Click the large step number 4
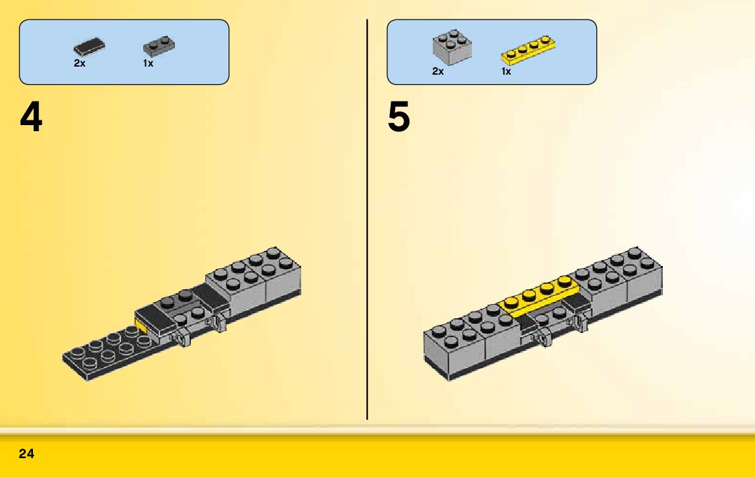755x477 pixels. [x=31, y=118]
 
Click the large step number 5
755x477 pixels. [x=399, y=118]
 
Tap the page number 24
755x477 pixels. [x=26, y=454]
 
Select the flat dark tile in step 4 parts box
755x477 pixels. [x=89, y=47]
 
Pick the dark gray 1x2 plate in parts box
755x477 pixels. [x=159, y=46]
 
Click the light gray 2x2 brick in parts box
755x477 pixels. [x=451, y=46]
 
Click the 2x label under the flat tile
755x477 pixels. [x=79, y=63]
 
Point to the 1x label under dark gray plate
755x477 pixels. [x=148, y=63]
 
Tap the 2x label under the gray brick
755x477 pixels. [x=438, y=71]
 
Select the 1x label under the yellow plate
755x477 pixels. [x=506, y=71]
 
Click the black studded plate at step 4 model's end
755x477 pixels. [x=101, y=353]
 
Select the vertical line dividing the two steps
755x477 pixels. [x=367, y=222]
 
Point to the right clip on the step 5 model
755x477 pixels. [x=580, y=322]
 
